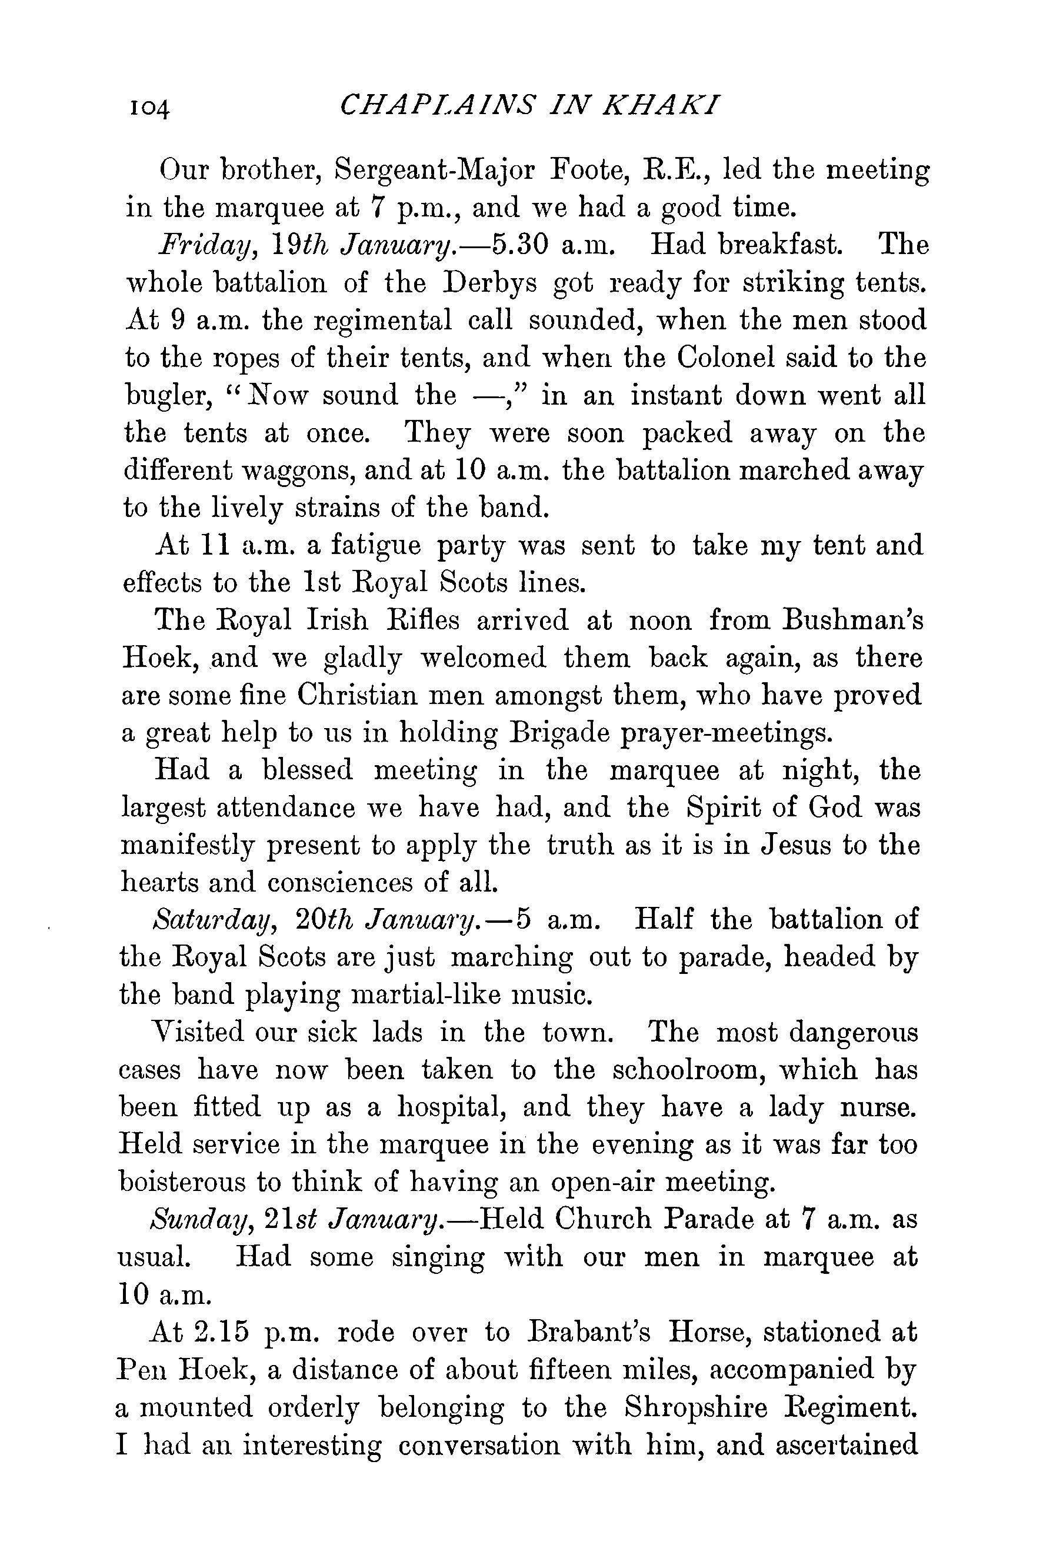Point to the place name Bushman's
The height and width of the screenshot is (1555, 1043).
click(x=852, y=620)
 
